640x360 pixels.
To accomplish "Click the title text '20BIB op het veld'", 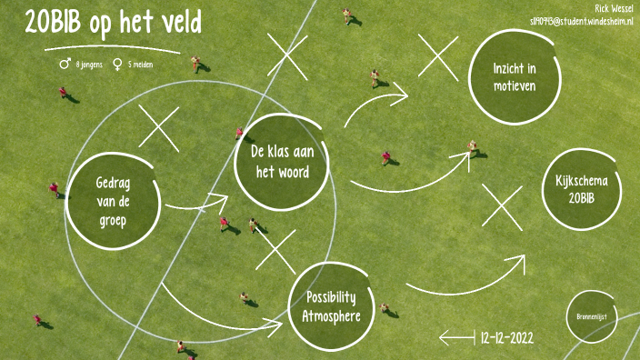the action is pyautogui.click(x=113, y=24).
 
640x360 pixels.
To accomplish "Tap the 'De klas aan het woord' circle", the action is pyautogui.click(x=281, y=161).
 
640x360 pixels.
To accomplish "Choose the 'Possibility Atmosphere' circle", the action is pyautogui.click(x=331, y=306).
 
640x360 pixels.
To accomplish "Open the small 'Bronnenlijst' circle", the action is pyautogui.click(x=591, y=316).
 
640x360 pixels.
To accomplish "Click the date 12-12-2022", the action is pyautogui.click(x=506, y=337).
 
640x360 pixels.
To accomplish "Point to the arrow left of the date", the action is pyautogui.click(x=457, y=338).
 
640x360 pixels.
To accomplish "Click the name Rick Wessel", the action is pyautogui.click(x=615, y=7).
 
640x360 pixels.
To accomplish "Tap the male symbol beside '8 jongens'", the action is pyautogui.click(x=65, y=65).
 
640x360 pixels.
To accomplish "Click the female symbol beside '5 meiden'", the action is pyautogui.click(x=117, y=65).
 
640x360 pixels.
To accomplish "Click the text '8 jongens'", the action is pyautogui.click(x=89, y=65).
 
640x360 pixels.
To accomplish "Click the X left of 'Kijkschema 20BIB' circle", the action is pyautogui.click(x=503, y=206).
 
